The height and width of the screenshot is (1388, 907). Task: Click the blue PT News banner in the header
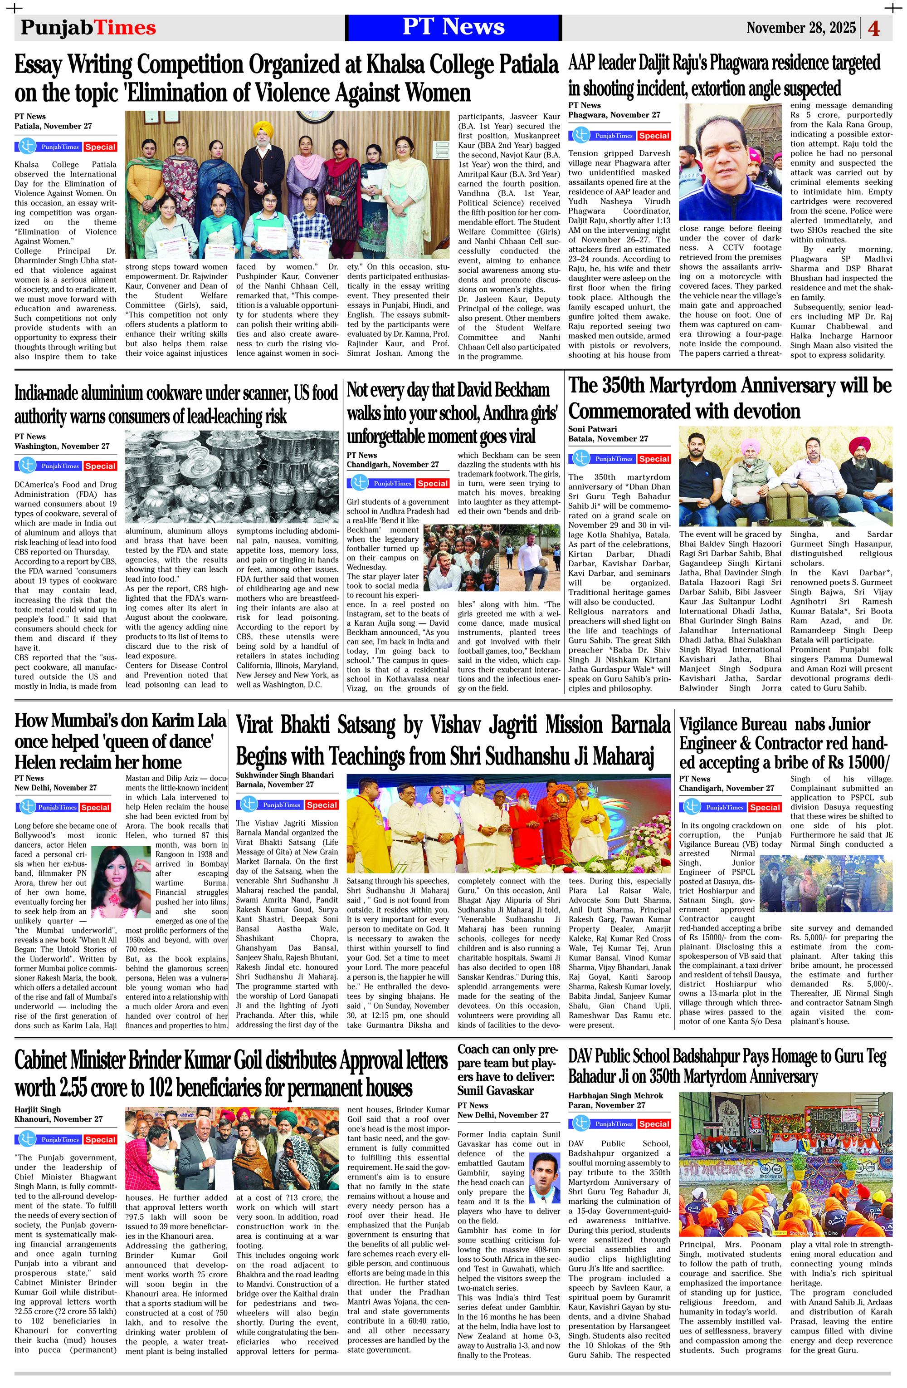pos(453,27)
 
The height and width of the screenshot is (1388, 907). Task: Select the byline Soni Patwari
pos(592,429)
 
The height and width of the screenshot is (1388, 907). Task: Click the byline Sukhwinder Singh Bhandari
pos(284,775)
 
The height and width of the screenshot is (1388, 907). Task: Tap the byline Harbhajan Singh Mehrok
pos(615,1096)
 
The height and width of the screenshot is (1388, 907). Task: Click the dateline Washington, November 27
pos(62,446)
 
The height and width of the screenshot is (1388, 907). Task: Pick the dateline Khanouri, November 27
pos(59,1119)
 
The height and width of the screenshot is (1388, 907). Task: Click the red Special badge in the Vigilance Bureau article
pos(765,807)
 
